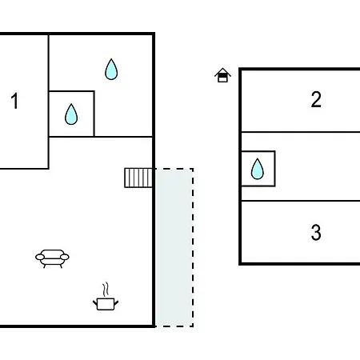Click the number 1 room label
click(x=14, y=101)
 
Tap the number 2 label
click(x=316, y=99)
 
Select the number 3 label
click(x=316, y=233)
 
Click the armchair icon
click(x=52, y=258)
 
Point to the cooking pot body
click(x=106, y=304)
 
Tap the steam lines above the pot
click(x=106, y=290)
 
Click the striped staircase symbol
click(x=138, y=178)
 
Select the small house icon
click(x=222, y=75)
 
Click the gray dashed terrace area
click(x=174, y=247)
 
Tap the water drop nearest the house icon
click(x=111, y=70)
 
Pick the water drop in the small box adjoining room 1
click(x=71, y=114)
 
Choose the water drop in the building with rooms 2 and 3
click(x=258, y=169)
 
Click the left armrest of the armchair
click(x=40, y=257)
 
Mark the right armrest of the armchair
click(x=65, y=257)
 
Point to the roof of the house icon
click(x=222, y=71)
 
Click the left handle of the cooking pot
click(x=95, y=302)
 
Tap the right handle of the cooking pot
click(x=116, y=302)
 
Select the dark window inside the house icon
click(x=222, y=75)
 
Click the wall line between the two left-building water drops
click(x=94, y=114)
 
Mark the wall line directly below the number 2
click(x=301, y=132)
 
